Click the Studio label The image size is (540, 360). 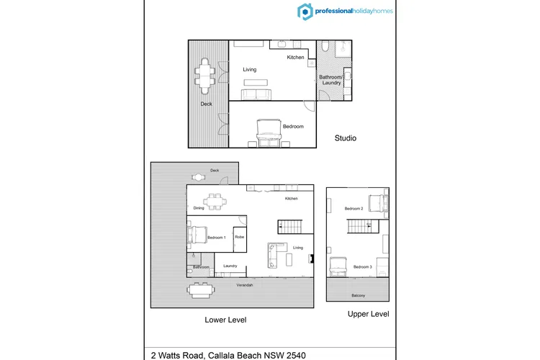pyautogui.click(x=346, y=138)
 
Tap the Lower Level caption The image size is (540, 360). pyautogui.click(x=225, y=320)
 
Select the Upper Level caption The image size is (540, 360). pyautogui.click(x=368, y=314)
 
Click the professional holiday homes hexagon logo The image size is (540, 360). pyautogui.click(x=305, y=12)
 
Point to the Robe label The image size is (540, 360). pyautogui.click(x=240, y=237)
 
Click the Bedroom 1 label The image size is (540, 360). pyautogui.click(x=217, y=238)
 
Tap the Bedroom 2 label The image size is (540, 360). pyautogui.click(x=354, y=208)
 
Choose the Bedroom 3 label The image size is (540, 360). pyautogui.click(x=363, y=266)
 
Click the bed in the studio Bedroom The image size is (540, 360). pyautogui.click(x=269, y=133)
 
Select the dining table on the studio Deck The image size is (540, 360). pyautogui.click(x=205, y=76)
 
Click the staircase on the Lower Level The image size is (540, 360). pyautogui.click(x=290, y=227)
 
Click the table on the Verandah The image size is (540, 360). pyautogui.click(x=201, y=291)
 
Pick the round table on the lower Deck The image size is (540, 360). pyautogui.click(x=199, y=177)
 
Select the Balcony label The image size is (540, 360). pyautogui.click(x=358, y=296)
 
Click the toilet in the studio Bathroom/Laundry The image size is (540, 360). pyautogui.click(x=325, y=46)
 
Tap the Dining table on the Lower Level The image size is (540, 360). pyautogui.click(x=215, y=202)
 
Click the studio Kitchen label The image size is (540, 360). pyautogui.click(x=295, y=57)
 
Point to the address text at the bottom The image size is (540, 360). pyautogui.click(x=228, y=355)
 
